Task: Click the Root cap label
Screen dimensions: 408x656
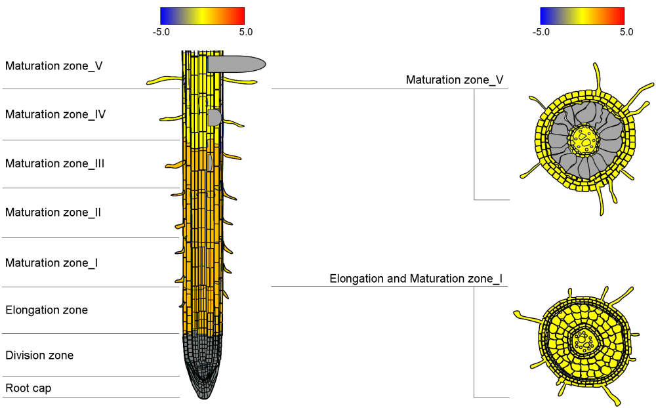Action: tap(28, 388)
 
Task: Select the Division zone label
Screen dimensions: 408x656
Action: tap(39, 356)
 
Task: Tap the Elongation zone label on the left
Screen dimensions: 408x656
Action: tap(47, 310)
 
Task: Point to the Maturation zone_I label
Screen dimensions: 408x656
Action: tap(52, 263)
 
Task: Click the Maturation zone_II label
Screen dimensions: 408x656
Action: tap(53, 213)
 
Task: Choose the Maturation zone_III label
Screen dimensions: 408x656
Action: tap(55, 163)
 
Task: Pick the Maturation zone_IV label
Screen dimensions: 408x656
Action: tap(56, 114)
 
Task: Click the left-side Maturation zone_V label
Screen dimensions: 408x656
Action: tap(54, 66)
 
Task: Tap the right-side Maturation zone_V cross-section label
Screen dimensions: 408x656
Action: tap(455, 80)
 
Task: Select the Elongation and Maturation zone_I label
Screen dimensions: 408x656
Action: tap(416, 279)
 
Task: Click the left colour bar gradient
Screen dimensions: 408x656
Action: tap(202, 16)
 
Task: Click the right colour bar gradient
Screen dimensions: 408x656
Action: tap(582, 16)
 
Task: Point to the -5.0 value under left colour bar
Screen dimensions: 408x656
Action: tap(161, 31)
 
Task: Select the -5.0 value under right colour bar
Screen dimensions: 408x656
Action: tap(541, 31)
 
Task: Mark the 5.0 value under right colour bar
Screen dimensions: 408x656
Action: tap(626, 31)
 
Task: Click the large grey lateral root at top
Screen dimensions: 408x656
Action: tap(236, 64)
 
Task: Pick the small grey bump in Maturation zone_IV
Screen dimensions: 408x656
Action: tap(215, 117)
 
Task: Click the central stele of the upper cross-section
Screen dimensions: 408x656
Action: tap(583, 139)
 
